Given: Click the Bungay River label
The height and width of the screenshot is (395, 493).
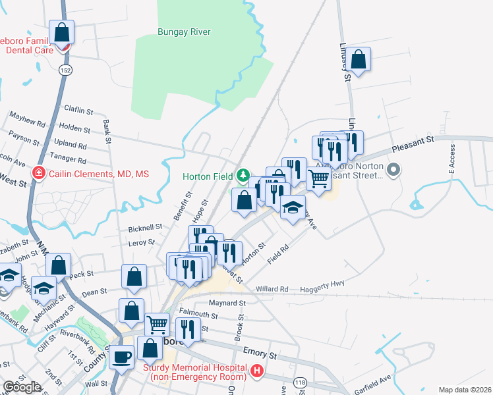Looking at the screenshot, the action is pos(184,31).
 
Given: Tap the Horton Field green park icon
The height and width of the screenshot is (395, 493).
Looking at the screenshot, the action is pos(244,175).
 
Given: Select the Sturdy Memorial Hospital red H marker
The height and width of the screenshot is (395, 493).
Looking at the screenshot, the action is pos(257,373).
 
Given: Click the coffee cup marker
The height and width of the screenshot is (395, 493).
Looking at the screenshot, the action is pos(121,357).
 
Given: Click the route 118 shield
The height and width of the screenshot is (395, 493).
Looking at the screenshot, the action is pos(301,382).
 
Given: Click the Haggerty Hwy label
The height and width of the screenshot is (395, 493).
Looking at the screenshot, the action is pos(318,284).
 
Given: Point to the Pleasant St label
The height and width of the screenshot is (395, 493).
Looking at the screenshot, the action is pos(413,142).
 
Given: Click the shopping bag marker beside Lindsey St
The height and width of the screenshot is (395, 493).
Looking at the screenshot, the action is pos(359,60).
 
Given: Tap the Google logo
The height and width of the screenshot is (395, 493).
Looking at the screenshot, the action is pos(21,388).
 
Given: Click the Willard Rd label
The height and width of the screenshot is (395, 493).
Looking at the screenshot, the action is pos(272,289).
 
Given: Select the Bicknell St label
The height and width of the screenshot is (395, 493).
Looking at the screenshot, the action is pos(144,227).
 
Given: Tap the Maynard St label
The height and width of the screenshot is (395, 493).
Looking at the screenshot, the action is pos(227,303).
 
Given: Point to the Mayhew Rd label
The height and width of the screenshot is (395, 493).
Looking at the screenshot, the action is pos(27,119).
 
